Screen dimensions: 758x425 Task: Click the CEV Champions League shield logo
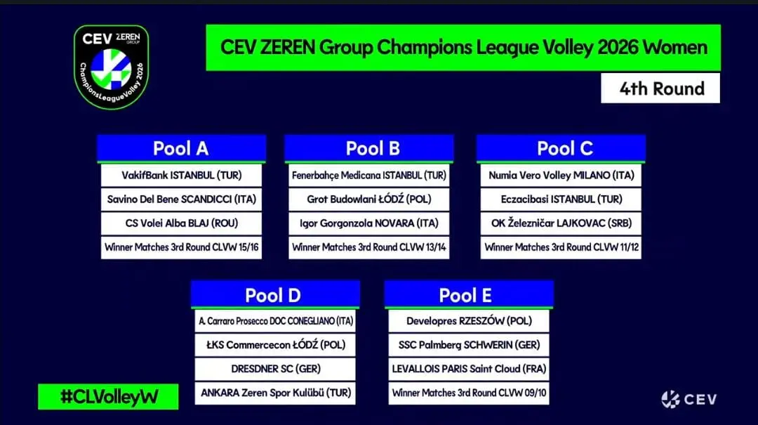click(x=111, y=67)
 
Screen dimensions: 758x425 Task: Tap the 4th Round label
click(x=660, y=88)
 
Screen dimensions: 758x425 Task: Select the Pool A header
click(x=181, y=148)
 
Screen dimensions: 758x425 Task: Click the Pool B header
click(x=369, y=148)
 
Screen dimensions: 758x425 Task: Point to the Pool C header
click(x=561, y=148)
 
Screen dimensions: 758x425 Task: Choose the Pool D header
click(x=275, y=294)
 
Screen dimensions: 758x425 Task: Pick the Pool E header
click(x=469, y=294)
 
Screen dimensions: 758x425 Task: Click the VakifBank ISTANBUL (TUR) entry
click(x=181, y=175)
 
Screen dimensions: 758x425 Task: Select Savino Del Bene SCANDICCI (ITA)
click(x=181, y=199)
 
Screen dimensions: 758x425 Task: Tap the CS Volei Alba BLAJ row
click(x=181, y=223)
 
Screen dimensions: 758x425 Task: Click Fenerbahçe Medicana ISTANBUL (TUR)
click(x=369, y=175)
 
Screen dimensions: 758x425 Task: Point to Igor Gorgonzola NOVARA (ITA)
click(x=369, y=223)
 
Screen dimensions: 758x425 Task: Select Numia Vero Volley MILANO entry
click(x=561, y=175)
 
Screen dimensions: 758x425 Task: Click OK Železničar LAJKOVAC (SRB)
click(x=561, y=223)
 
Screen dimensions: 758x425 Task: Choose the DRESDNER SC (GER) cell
click(x=275, y=369)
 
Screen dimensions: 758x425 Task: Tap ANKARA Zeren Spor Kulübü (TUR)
click(x=275, y=393)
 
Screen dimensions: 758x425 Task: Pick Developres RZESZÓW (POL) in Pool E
click(x=469, y=321)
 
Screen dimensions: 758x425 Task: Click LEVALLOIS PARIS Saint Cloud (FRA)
click(x=469, y=369)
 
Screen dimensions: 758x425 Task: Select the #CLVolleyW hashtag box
click(x=108, y=396)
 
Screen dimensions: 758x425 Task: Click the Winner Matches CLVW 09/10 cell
click(x=469, y=393)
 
